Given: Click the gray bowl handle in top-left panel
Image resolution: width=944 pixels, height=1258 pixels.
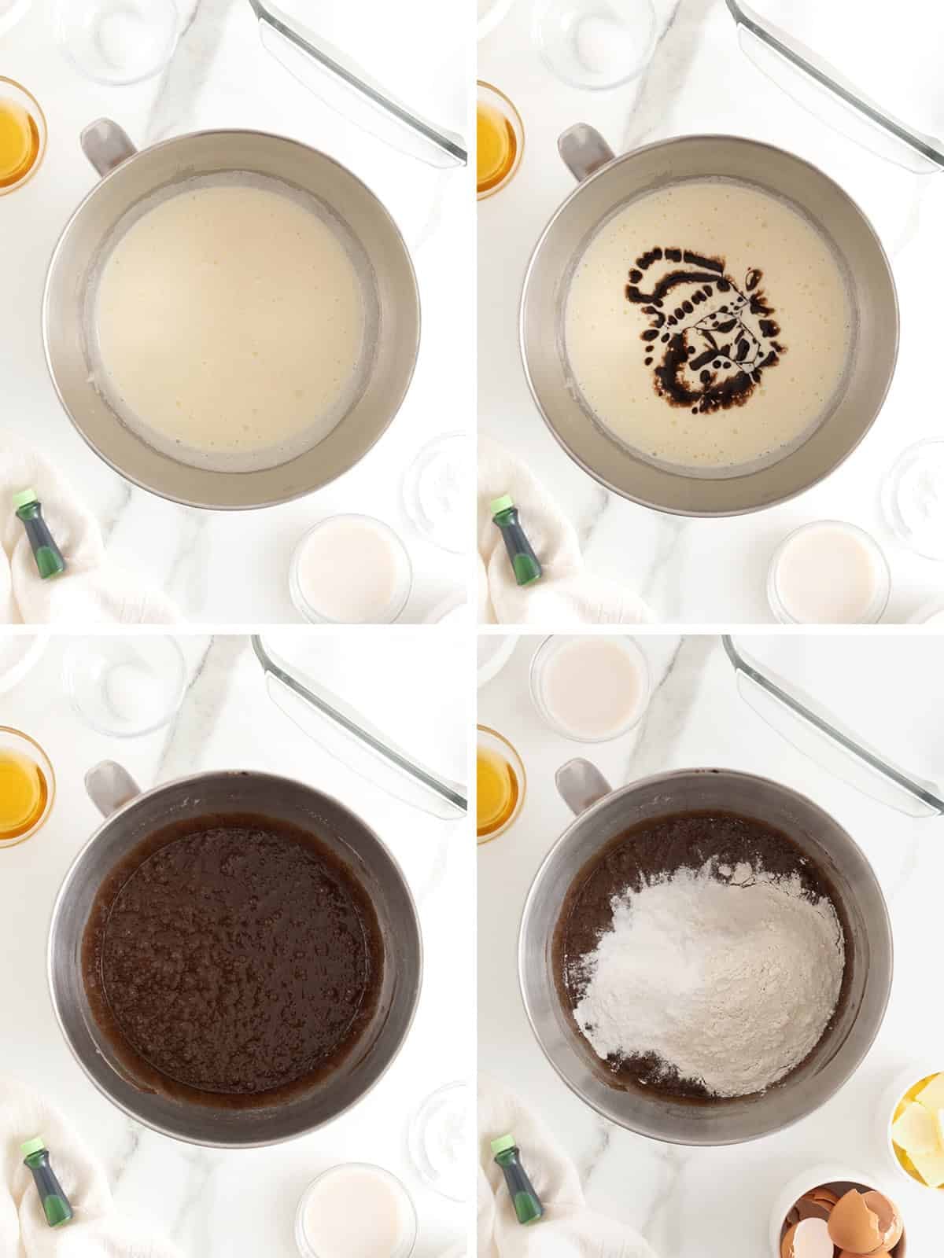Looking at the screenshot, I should [107, 145].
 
